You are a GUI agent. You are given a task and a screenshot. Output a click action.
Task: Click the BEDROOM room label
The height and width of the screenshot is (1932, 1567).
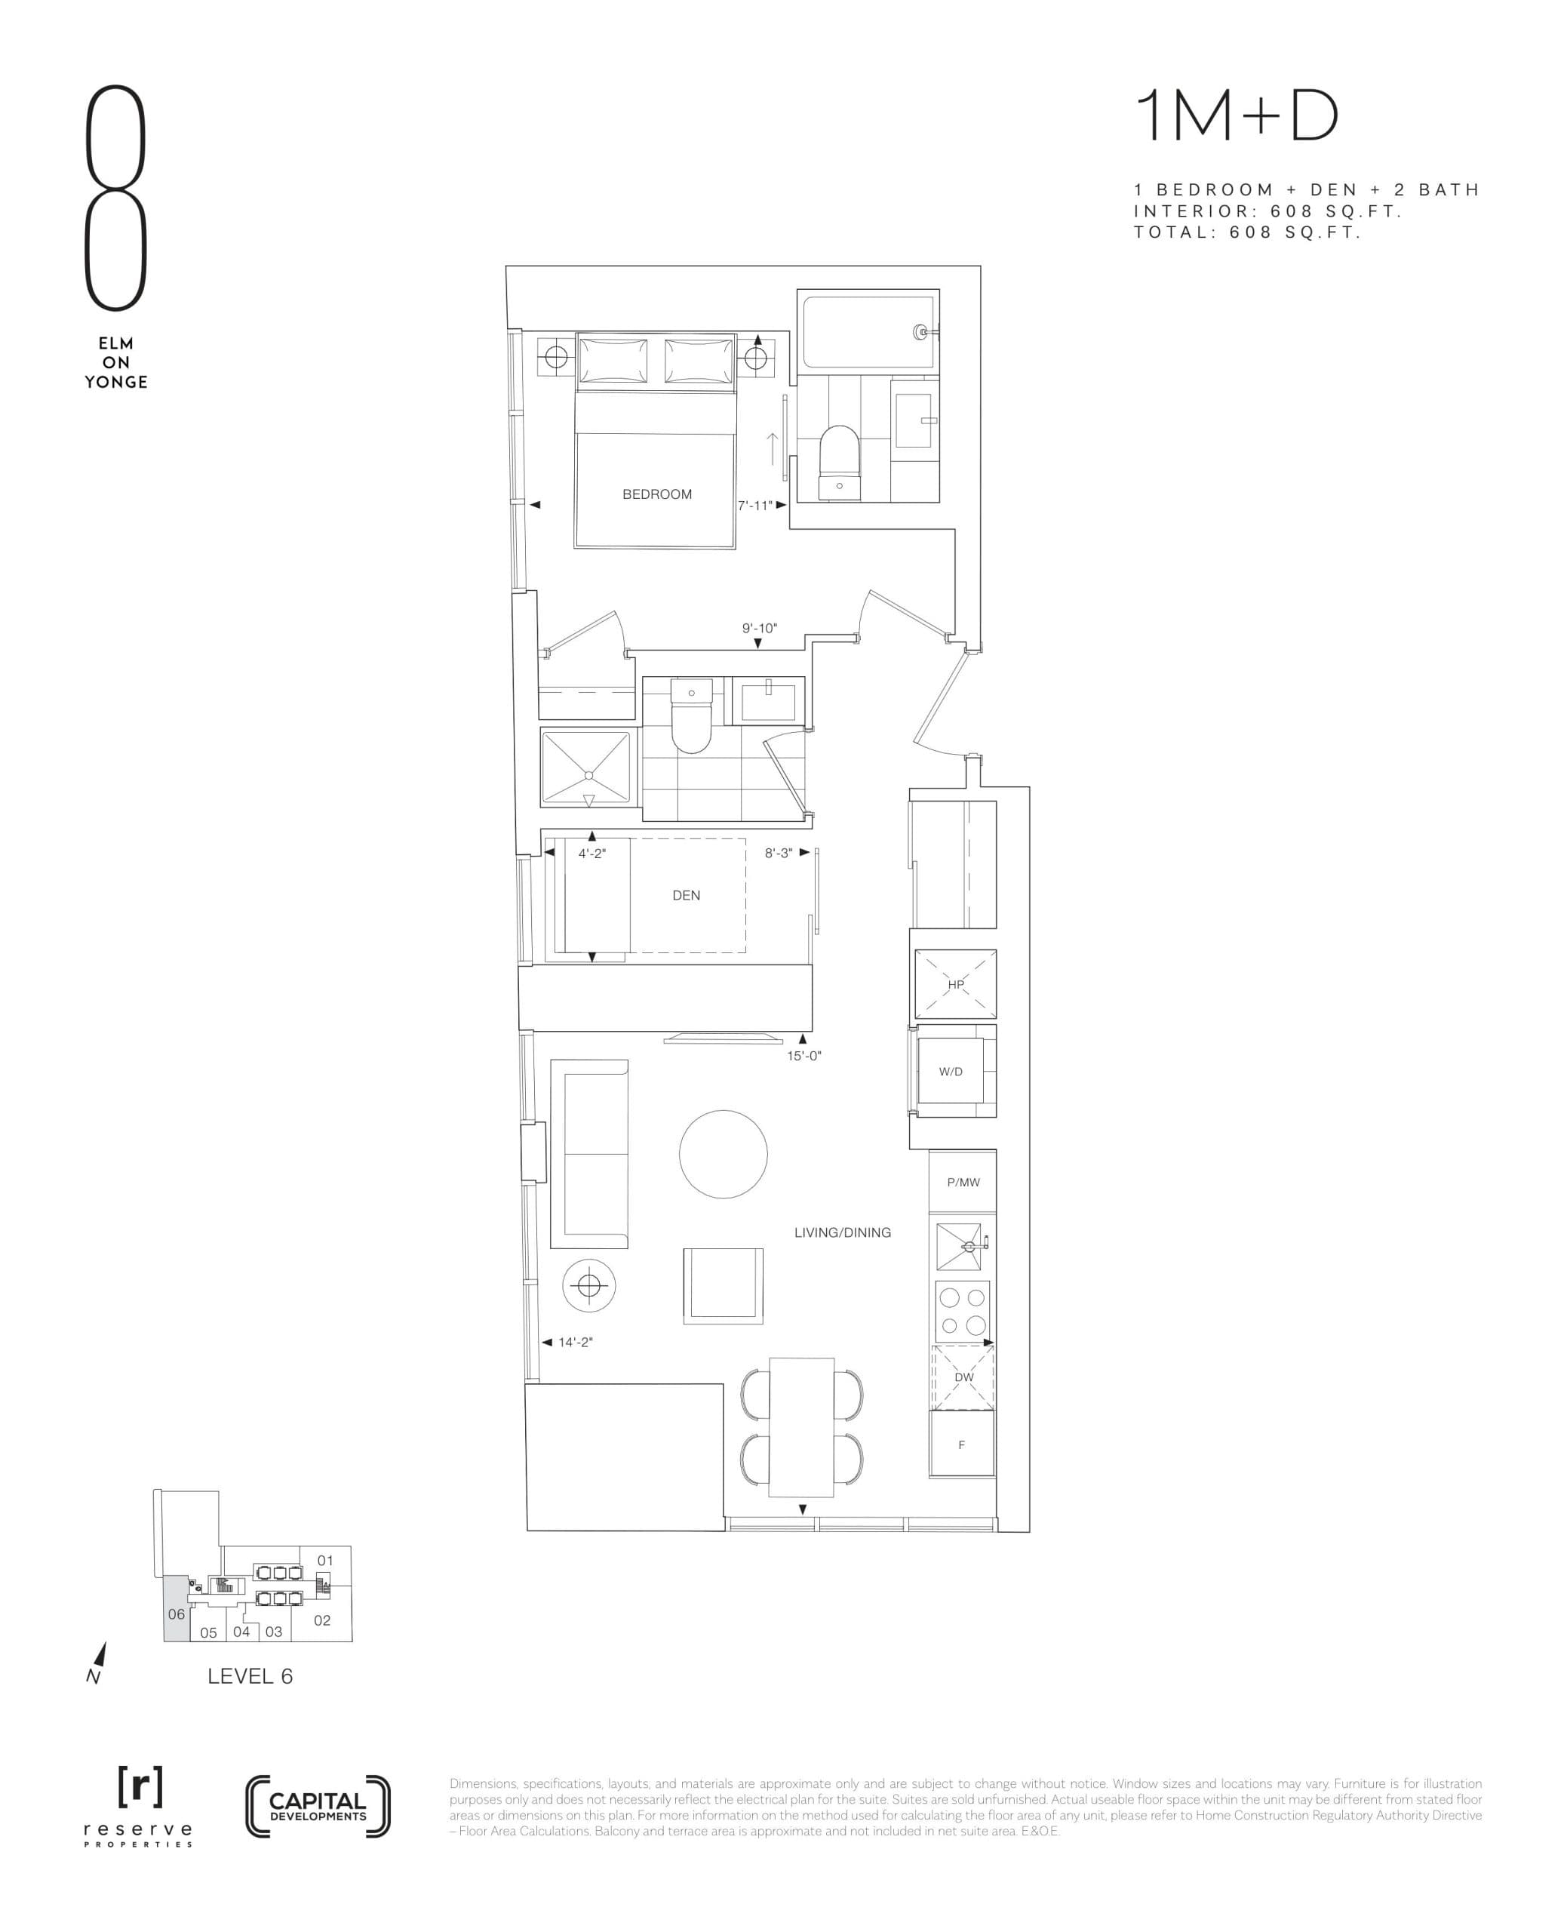(x=656, y=494)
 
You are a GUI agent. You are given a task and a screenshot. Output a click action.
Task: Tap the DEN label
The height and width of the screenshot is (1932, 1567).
(x=686, y=894)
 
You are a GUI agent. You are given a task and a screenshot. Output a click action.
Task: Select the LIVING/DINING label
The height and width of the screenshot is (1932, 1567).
(x=842, y=1232)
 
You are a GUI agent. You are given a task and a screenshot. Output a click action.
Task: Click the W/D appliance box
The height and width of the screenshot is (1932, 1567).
(x=951, y=1072)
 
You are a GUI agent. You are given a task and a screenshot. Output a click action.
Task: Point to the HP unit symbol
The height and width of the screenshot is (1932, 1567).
(x=955, y=984)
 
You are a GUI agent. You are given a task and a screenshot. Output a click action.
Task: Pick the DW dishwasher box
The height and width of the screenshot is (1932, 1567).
(x=963, y=1377)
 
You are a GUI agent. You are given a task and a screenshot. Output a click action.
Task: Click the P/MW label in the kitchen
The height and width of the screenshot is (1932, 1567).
(x=963, y=1182)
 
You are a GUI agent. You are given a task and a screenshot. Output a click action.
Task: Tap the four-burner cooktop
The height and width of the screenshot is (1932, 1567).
(x=962, y=1312)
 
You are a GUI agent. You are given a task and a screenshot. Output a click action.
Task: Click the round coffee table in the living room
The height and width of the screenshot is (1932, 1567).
(x=723, y=1154)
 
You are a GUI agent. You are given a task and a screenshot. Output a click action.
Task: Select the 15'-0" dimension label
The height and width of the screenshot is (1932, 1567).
(x=803, y=1055)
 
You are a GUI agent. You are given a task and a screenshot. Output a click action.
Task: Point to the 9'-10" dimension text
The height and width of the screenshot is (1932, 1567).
(x=759, y=627)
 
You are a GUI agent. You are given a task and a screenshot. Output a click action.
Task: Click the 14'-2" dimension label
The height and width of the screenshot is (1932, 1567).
(x=575, y=1343)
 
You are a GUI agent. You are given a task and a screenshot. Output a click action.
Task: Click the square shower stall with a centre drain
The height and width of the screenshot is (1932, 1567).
(x=585, y=768)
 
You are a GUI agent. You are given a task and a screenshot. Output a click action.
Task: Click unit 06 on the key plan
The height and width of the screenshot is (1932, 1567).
(x=176, y=1614)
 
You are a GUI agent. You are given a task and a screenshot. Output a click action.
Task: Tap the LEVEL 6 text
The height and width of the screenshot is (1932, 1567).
(x=250, y=1676)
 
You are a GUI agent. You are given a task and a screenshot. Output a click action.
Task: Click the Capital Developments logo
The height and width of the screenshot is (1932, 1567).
(x=318, y=1807)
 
